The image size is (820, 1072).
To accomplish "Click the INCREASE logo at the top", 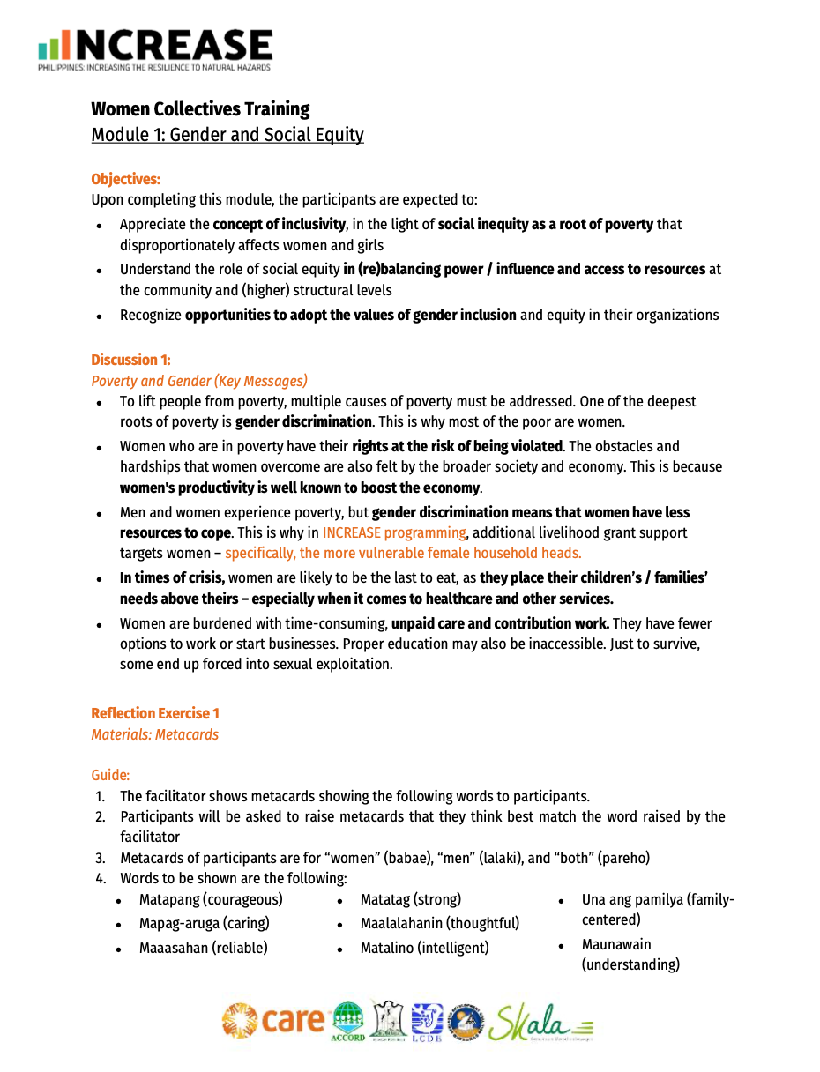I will click(155, 48).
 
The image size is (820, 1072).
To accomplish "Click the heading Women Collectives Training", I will click(200, 109).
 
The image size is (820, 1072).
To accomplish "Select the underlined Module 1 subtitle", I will click(227, 135).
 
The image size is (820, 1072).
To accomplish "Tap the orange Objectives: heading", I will click(126, 180).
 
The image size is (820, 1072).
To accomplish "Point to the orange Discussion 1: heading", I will click(130, 360).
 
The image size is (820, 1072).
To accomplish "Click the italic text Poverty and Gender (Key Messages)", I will click(199, 381).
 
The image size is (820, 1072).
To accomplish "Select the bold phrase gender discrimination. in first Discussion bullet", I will click(303, 421).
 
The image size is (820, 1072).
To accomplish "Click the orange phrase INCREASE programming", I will click(394, 532).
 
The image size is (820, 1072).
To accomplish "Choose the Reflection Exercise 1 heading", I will click(155, 713).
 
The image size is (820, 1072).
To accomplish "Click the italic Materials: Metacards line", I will click(155, 734).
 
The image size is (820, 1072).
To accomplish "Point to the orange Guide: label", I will click(110, 776).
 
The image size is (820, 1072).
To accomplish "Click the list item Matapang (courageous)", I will click(211, 900).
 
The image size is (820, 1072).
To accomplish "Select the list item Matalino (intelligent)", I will click(424, 949).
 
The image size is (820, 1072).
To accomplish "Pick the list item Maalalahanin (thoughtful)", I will click(439, 924).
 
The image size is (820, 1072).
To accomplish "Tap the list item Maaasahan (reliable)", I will click(203, 949).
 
